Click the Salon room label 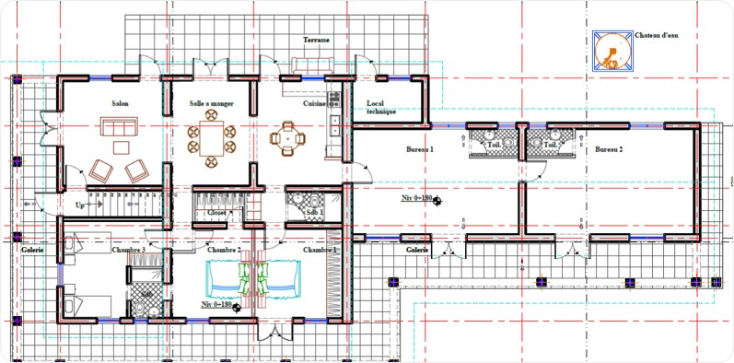119,104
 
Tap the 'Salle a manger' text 212,104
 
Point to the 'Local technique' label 381,107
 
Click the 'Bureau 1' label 420,148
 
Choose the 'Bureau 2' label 609,148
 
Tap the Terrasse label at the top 317,41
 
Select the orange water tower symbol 612,52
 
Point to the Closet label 217,212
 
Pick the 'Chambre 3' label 129,250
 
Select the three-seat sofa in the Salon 119,126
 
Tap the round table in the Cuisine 287,139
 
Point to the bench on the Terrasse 317,63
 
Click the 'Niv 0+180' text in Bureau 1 416,198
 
